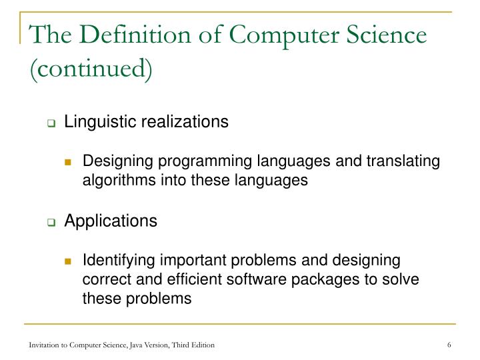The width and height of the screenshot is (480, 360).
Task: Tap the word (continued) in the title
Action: click(x=91, y=67)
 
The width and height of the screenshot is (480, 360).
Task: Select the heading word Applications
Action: click(x=111, y=221)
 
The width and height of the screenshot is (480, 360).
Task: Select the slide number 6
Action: click(x=451, y=344)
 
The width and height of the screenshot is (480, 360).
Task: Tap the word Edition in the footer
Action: click(x=201, y=344)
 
